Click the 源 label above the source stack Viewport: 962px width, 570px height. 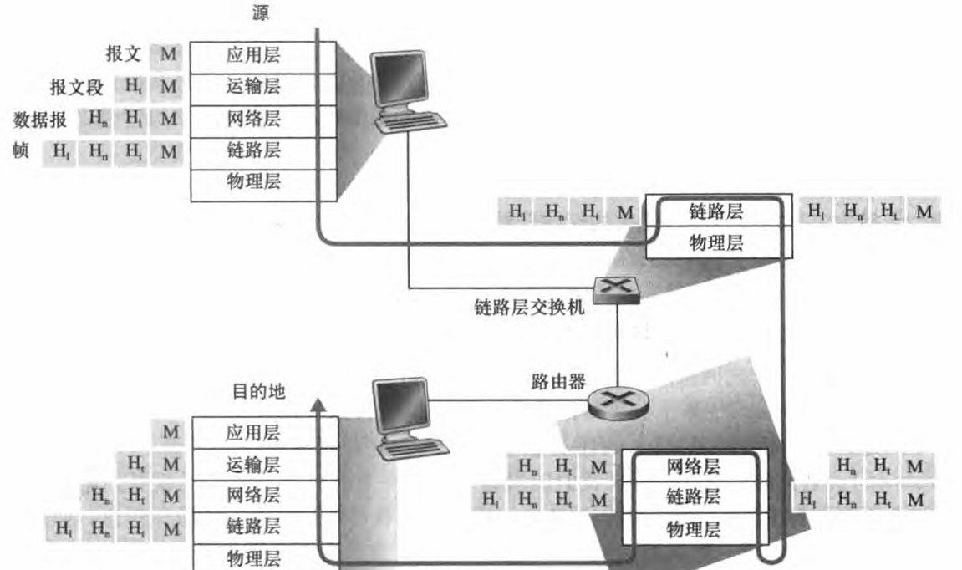[x=261, y=14]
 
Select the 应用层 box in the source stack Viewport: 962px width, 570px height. [x=253, y=57]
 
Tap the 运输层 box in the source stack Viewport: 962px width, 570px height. [x=253, y=88]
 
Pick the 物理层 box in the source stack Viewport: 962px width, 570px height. [x=253, y=182]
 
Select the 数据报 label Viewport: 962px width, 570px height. [x=40, y=120]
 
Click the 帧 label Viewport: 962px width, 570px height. [x=20, y=150]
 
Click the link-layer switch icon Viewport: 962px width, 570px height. [x=616, y=288]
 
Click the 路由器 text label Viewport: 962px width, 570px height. [x=552, y=382]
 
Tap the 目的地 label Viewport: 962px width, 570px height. [x=258, y=391]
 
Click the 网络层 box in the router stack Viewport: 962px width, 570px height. [x=693, y=466]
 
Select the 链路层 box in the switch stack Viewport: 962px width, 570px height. [x=715, y=211]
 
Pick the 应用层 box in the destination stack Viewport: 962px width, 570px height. [x=253, y=433]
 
